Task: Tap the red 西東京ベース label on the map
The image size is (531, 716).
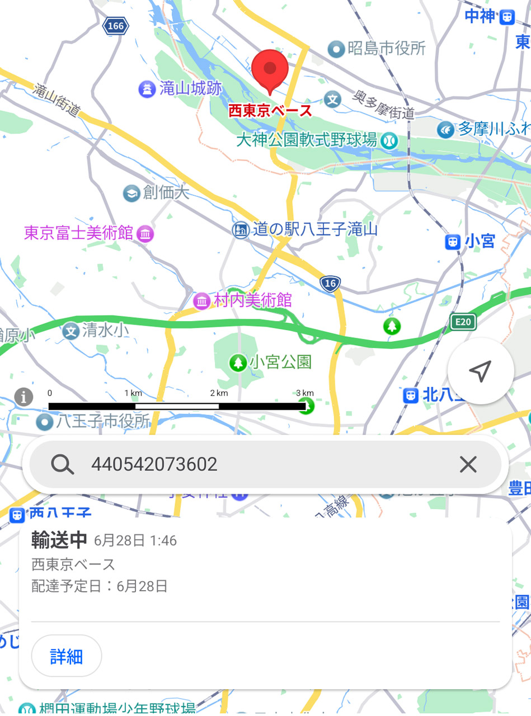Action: (270, 111)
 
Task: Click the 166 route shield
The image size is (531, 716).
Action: (116, 26)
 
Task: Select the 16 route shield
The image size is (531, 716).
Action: (331, 284)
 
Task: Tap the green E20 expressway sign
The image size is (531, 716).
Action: (463, 321)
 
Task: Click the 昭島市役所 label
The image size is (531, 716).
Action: (386, 49)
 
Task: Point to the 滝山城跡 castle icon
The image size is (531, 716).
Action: (146, 88)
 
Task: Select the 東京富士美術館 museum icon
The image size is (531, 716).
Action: (145, 233)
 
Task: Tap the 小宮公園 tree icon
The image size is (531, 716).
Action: (238, 363)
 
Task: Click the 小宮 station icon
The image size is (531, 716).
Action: (453, 242)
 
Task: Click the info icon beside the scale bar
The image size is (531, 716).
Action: (24, 397)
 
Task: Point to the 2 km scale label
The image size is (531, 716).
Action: (219, 393)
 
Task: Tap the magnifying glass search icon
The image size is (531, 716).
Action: (62, 464)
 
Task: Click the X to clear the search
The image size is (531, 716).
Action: (468, 464)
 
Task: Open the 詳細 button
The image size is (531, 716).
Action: (67, 656)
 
